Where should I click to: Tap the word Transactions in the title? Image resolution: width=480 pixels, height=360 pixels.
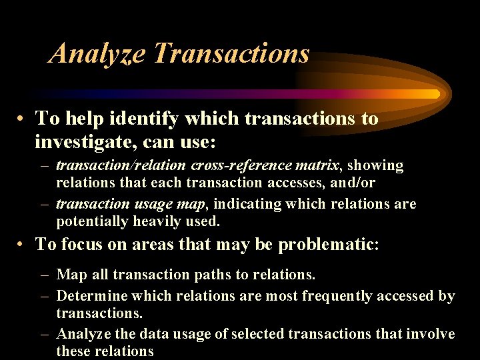231,53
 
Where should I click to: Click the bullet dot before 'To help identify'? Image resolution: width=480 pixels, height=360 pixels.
22,119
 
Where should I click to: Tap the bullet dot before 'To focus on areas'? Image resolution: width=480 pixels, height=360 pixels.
22,245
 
